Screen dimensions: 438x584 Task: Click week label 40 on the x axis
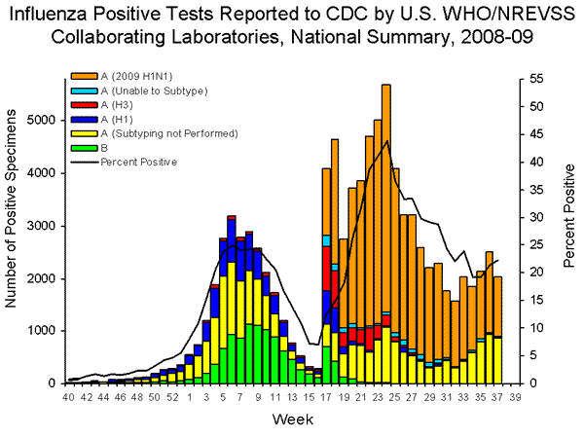pyautogui.click(x=68, y=398)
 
